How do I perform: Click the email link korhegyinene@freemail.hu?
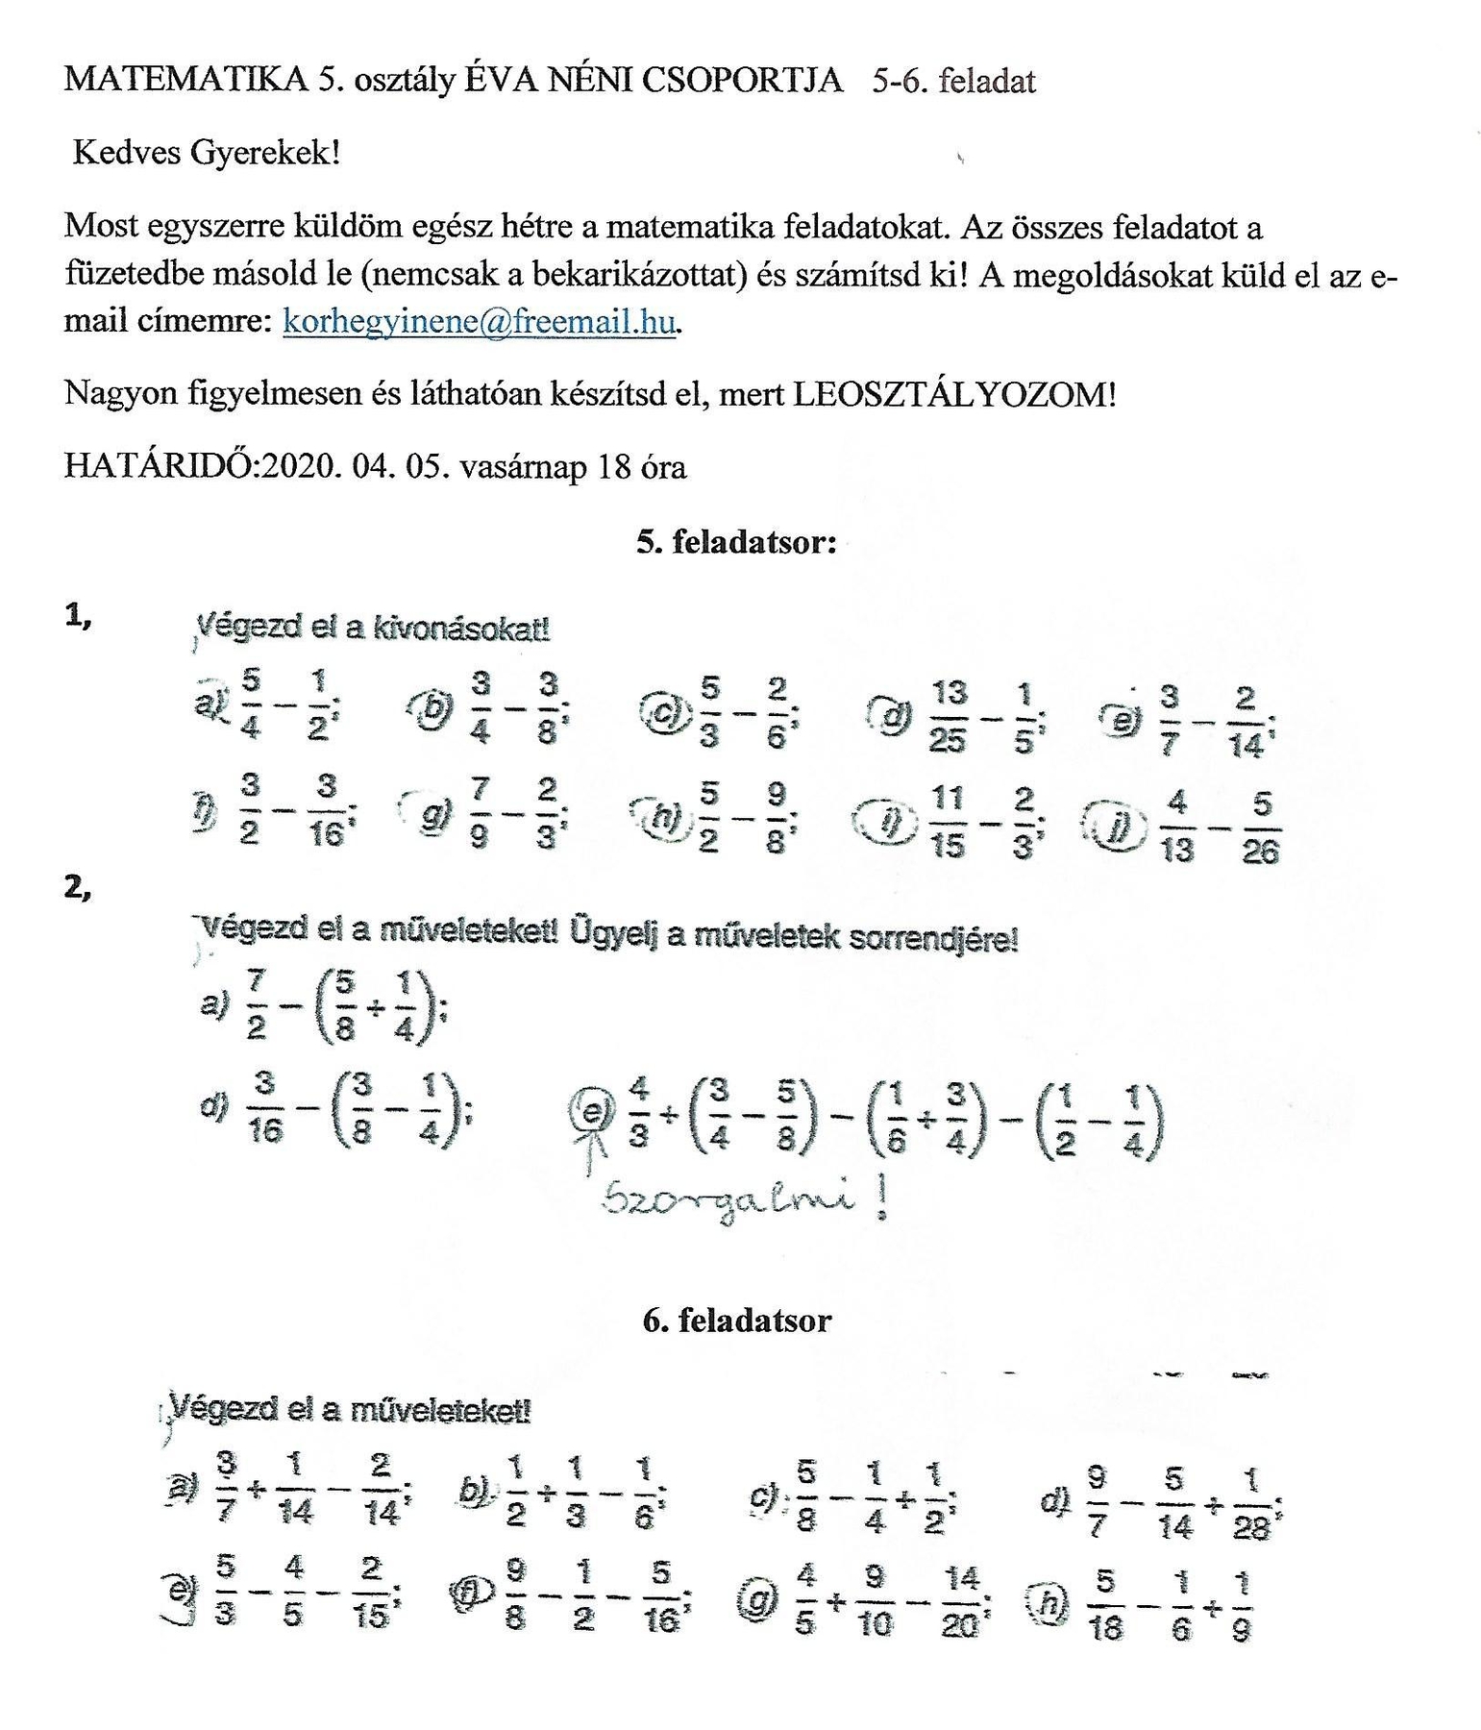[x=479, y=321]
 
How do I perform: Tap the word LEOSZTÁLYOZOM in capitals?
[x=952, y=394]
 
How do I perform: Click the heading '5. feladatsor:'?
[x=736, y=542]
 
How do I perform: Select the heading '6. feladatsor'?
[x=736, y=1320]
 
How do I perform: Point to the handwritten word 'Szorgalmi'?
[x=727, y=1200]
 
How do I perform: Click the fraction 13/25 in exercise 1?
[x=949, y=716]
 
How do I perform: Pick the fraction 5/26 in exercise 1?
[x=1261, y=828]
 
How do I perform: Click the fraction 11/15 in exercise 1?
[x=948, y=822]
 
